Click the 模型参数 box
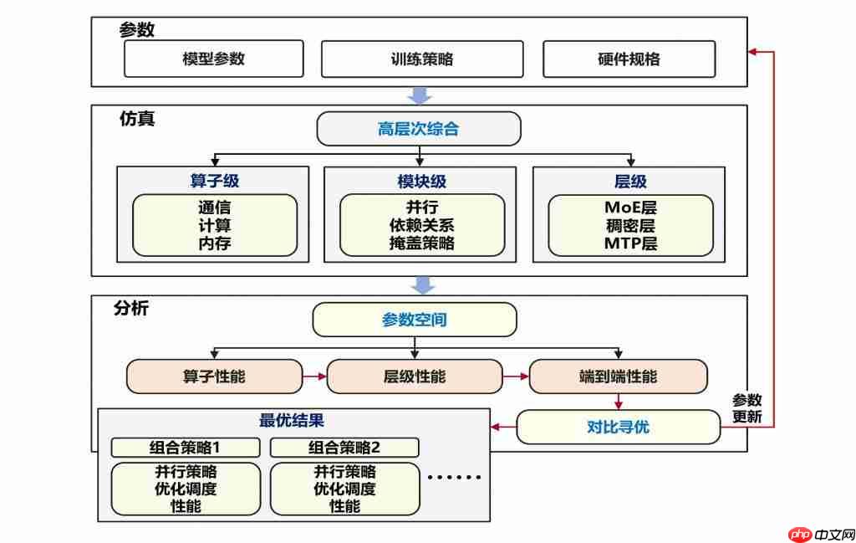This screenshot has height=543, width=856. (213, 59)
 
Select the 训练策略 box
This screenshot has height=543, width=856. (422, 59)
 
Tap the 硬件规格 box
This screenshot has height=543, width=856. (629, 59)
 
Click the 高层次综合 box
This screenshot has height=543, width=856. (418, 129)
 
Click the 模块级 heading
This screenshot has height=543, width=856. (421, 181)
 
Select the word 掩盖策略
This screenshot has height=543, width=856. (421, 243)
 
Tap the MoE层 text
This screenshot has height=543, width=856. (630, 207)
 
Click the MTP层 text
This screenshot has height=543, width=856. (630, 243)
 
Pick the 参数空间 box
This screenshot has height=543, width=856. (414, 320)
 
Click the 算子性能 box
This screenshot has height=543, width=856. (214, 377)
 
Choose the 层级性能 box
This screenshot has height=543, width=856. (415, 377)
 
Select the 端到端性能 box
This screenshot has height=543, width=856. (618, 377)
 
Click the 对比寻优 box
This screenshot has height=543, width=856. (618, 428)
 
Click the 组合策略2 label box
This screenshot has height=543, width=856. (344, 447)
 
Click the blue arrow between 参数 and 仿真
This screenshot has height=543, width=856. (420, 95)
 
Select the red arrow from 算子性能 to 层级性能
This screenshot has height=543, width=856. (314, 377)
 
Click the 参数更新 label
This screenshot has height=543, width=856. (746, 408)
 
